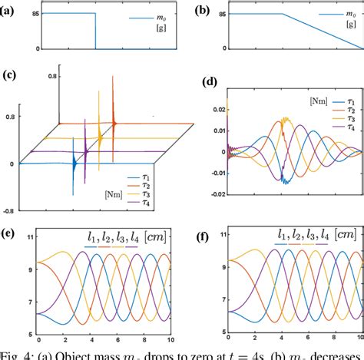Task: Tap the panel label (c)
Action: (10, 74)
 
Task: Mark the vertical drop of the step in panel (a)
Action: (95, 31)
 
